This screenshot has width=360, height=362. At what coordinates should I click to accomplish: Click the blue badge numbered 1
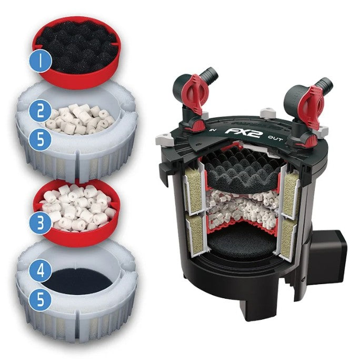point(41,61)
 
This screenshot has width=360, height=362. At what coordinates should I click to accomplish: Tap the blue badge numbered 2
point(41,110)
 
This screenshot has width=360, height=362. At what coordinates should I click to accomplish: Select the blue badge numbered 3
point(41,223)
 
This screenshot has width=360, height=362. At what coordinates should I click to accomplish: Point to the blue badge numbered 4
point(41,270)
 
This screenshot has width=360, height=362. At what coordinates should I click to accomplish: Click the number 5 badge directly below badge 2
point(41,139)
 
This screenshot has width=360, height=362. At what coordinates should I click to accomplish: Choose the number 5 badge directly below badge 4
point(41,299)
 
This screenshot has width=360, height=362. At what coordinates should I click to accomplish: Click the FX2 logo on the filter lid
point(242,132)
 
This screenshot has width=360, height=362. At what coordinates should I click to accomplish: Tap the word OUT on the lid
point(275,138)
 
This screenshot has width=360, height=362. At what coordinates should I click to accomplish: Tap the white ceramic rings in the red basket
point(76,207)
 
